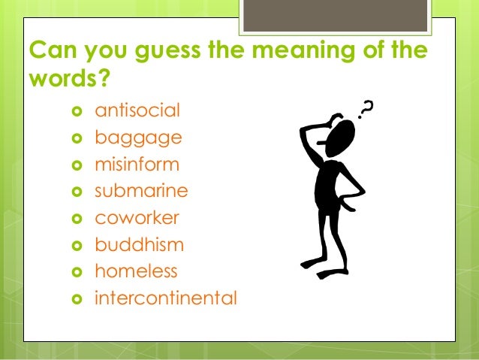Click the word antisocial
pyautogui.click(x=137, y=112)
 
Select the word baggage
pyautogui.click(x=138, y=139)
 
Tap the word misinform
pyautogui.click(x=137, y=165)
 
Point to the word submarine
pyautogui.click(x=141, y=191)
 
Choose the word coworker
pyautogui.click(x=137, y=218)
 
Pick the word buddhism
pyautogui.click(x=139, y=244)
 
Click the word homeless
pyautogui.click(x=137, y=271)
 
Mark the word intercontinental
pyautogui.click(x=166, y=298)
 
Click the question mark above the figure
pyautogui.click(x=366, y=111)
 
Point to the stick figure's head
pyautogui.click(x=342, y=138)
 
